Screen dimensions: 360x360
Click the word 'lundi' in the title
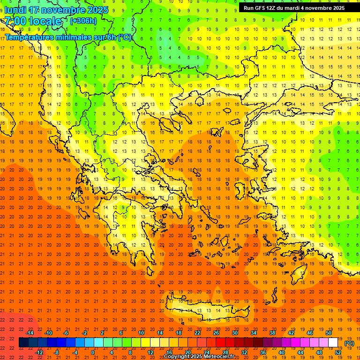coord(15,10)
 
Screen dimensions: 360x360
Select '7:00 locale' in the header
coord(33,21)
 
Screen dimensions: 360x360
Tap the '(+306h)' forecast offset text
coord(83,21)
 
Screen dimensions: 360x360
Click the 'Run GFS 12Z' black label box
coord(294,8)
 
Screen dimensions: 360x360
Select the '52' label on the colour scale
coord(338,352)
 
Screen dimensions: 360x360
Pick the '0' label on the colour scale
coord(93,352)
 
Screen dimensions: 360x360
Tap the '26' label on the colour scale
coord(216,333)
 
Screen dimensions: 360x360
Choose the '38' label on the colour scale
coord(272,333)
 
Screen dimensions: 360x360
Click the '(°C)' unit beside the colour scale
coord(349,343)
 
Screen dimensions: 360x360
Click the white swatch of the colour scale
coord(333,343)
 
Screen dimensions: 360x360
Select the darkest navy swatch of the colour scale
coord(24,343)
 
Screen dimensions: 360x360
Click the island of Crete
coord(206,309)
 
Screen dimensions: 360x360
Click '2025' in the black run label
coord(337,8)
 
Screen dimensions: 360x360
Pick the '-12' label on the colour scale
coord(39,352)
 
